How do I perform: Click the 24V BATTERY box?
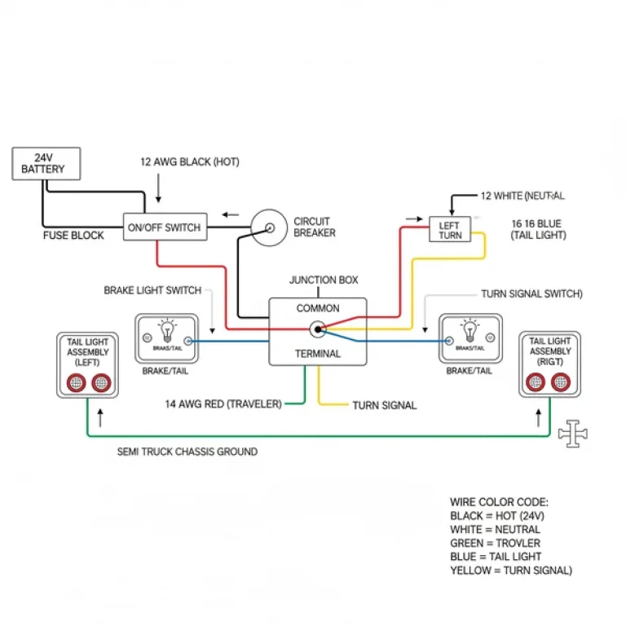point(46,163)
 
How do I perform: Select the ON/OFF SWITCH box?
point(165,227)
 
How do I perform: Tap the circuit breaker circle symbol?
point(267,227)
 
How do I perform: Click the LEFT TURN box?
point(449,230)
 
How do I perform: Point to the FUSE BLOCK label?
point(73,236)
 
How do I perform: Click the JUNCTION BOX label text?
point(324,280)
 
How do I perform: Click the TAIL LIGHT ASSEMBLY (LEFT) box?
point(86,364)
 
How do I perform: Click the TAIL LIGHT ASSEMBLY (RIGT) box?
point(549,364)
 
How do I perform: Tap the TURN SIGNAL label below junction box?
point(384,405)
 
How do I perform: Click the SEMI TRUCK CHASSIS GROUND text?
point(187,451)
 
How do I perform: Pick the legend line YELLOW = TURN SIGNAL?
point(511,571)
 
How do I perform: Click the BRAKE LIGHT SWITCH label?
point(152,290)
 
